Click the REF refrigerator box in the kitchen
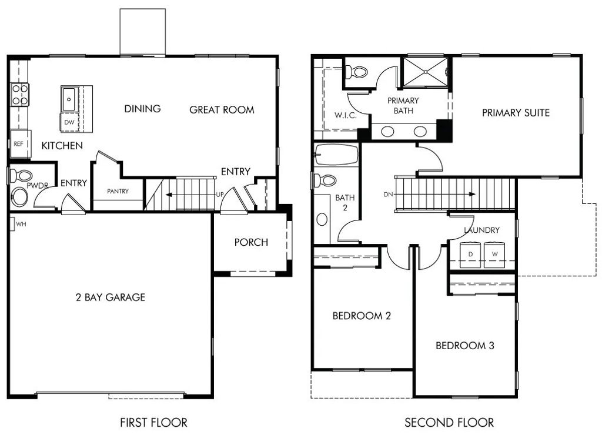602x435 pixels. point(19,143)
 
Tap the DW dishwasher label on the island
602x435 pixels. point(69,122)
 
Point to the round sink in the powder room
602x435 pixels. point(20,197)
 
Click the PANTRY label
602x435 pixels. point(118,191)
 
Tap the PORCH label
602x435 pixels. point(251,242)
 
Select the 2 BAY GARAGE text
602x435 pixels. point(110,297)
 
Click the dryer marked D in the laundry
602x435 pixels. point(470,253)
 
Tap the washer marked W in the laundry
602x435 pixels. point(494,253)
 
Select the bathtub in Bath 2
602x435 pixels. point(336,155)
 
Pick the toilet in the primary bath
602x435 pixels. point(357,72)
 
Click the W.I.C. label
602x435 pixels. point(346,115)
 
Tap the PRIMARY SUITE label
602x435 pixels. point(516,112)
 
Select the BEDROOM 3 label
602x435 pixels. point(464,346)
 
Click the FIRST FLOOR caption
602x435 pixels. point(153,422)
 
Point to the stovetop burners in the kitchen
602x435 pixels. point(20,95)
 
